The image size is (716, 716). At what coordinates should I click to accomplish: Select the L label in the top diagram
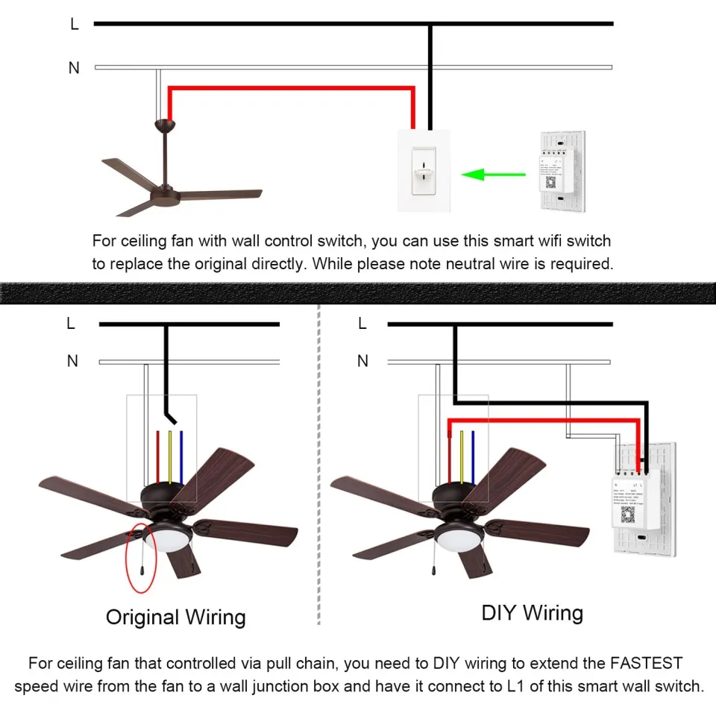click(x=74, y=24)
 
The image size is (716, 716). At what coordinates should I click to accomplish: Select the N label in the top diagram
click(x=74, y=68)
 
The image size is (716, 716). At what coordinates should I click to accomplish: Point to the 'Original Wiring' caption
click(x=175, y=617)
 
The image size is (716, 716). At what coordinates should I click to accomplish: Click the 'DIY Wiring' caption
click(x=532, y=613)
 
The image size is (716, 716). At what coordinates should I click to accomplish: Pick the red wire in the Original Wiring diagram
click(x=159, y=456)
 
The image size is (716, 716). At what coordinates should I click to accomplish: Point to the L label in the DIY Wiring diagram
click(x=362, y=324)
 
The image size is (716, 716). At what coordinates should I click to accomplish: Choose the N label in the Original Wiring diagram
click(x=72, y=361)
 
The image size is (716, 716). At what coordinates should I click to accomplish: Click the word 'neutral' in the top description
click(x=483, y=263)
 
